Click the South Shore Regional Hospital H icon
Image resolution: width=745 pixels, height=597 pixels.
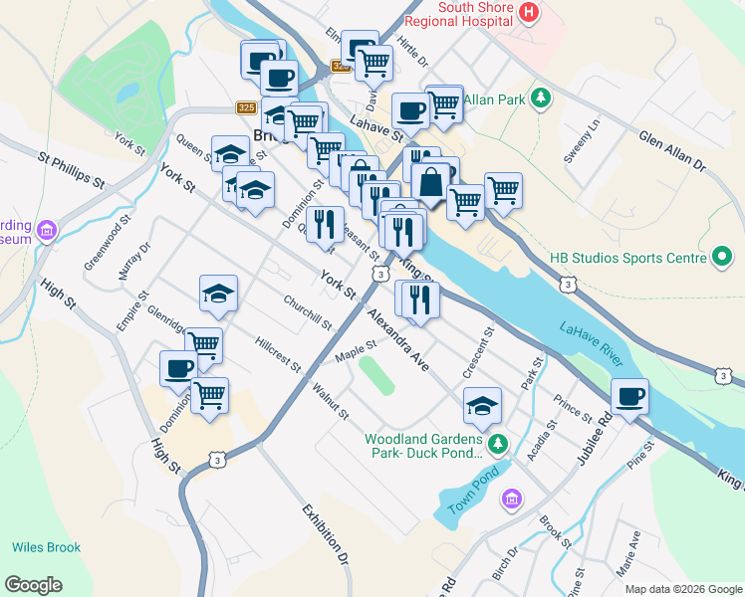point(529,14)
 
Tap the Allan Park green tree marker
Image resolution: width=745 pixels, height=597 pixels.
point(541,98)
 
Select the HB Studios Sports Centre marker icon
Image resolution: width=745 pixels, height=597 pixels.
point(722,259)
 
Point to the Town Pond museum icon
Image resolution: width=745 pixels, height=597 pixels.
point(512,498)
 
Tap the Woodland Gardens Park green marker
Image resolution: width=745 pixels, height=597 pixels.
point(502,445)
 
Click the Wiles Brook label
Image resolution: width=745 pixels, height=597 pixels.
point(46,547)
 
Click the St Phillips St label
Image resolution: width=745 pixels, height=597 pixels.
point(72,170)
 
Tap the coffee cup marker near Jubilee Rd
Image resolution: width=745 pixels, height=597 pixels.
point(629,396)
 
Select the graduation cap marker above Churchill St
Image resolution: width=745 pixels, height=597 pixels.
point(218,293)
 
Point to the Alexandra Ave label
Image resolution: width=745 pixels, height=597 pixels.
point(396,339)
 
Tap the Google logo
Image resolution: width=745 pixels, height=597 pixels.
point(33,585)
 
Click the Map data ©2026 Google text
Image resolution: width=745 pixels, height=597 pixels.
point(683,589)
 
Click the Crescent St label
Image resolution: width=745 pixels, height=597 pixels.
point(479,352)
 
